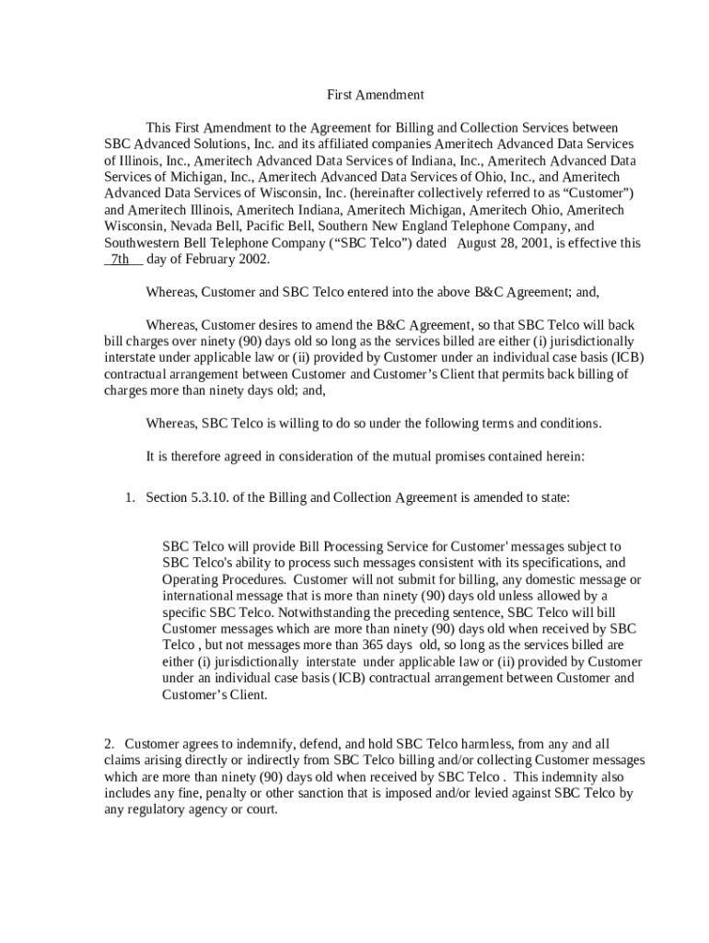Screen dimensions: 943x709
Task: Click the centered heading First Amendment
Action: click(376, 95)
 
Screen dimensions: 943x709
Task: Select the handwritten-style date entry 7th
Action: click(121, 260)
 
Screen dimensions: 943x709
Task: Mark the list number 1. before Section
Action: click(131, 497)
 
